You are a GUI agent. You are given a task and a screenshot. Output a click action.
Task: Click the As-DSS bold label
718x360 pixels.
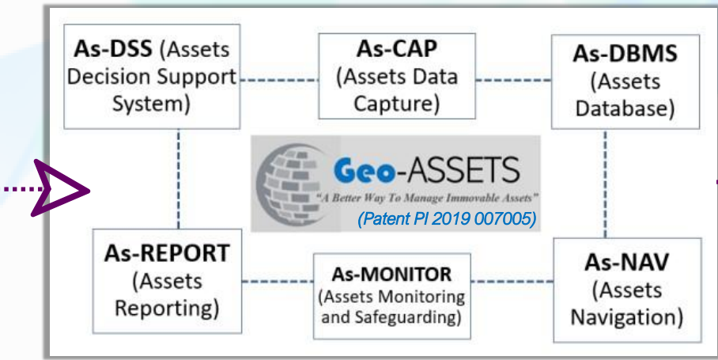coord(112,48)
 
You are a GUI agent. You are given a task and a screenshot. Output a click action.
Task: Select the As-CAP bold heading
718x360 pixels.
coord(397,48)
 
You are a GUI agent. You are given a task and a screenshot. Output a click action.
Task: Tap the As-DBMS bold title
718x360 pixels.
coord(625,54)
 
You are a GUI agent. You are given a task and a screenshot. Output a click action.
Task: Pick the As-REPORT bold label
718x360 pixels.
coord(167,253)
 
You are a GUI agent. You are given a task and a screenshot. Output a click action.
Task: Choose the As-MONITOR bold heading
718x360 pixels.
coord(391,275)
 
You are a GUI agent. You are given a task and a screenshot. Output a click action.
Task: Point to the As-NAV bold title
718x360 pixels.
coord(626,262)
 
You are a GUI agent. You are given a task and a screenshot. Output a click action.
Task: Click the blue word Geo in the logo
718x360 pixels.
coord(365,171)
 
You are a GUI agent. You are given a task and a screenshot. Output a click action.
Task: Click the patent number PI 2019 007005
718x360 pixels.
coord(474,219)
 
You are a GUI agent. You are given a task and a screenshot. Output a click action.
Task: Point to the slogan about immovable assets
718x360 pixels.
coord(427,198)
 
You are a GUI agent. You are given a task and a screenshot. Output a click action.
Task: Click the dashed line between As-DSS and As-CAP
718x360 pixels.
coord(279,80)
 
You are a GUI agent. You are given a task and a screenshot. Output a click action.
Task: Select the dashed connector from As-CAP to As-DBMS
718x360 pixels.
coord(513,80)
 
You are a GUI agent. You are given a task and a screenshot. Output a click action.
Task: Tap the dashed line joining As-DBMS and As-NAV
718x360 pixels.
coord(606,184)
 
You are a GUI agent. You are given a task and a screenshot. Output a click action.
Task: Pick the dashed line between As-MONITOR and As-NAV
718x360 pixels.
coord(512,281)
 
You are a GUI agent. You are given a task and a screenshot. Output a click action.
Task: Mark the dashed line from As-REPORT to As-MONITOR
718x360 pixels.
coord(278,281)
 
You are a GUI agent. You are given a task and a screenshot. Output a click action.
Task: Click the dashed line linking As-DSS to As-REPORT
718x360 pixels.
coord(178,179)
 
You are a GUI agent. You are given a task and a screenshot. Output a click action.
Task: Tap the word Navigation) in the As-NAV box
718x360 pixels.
coord(627,317)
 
